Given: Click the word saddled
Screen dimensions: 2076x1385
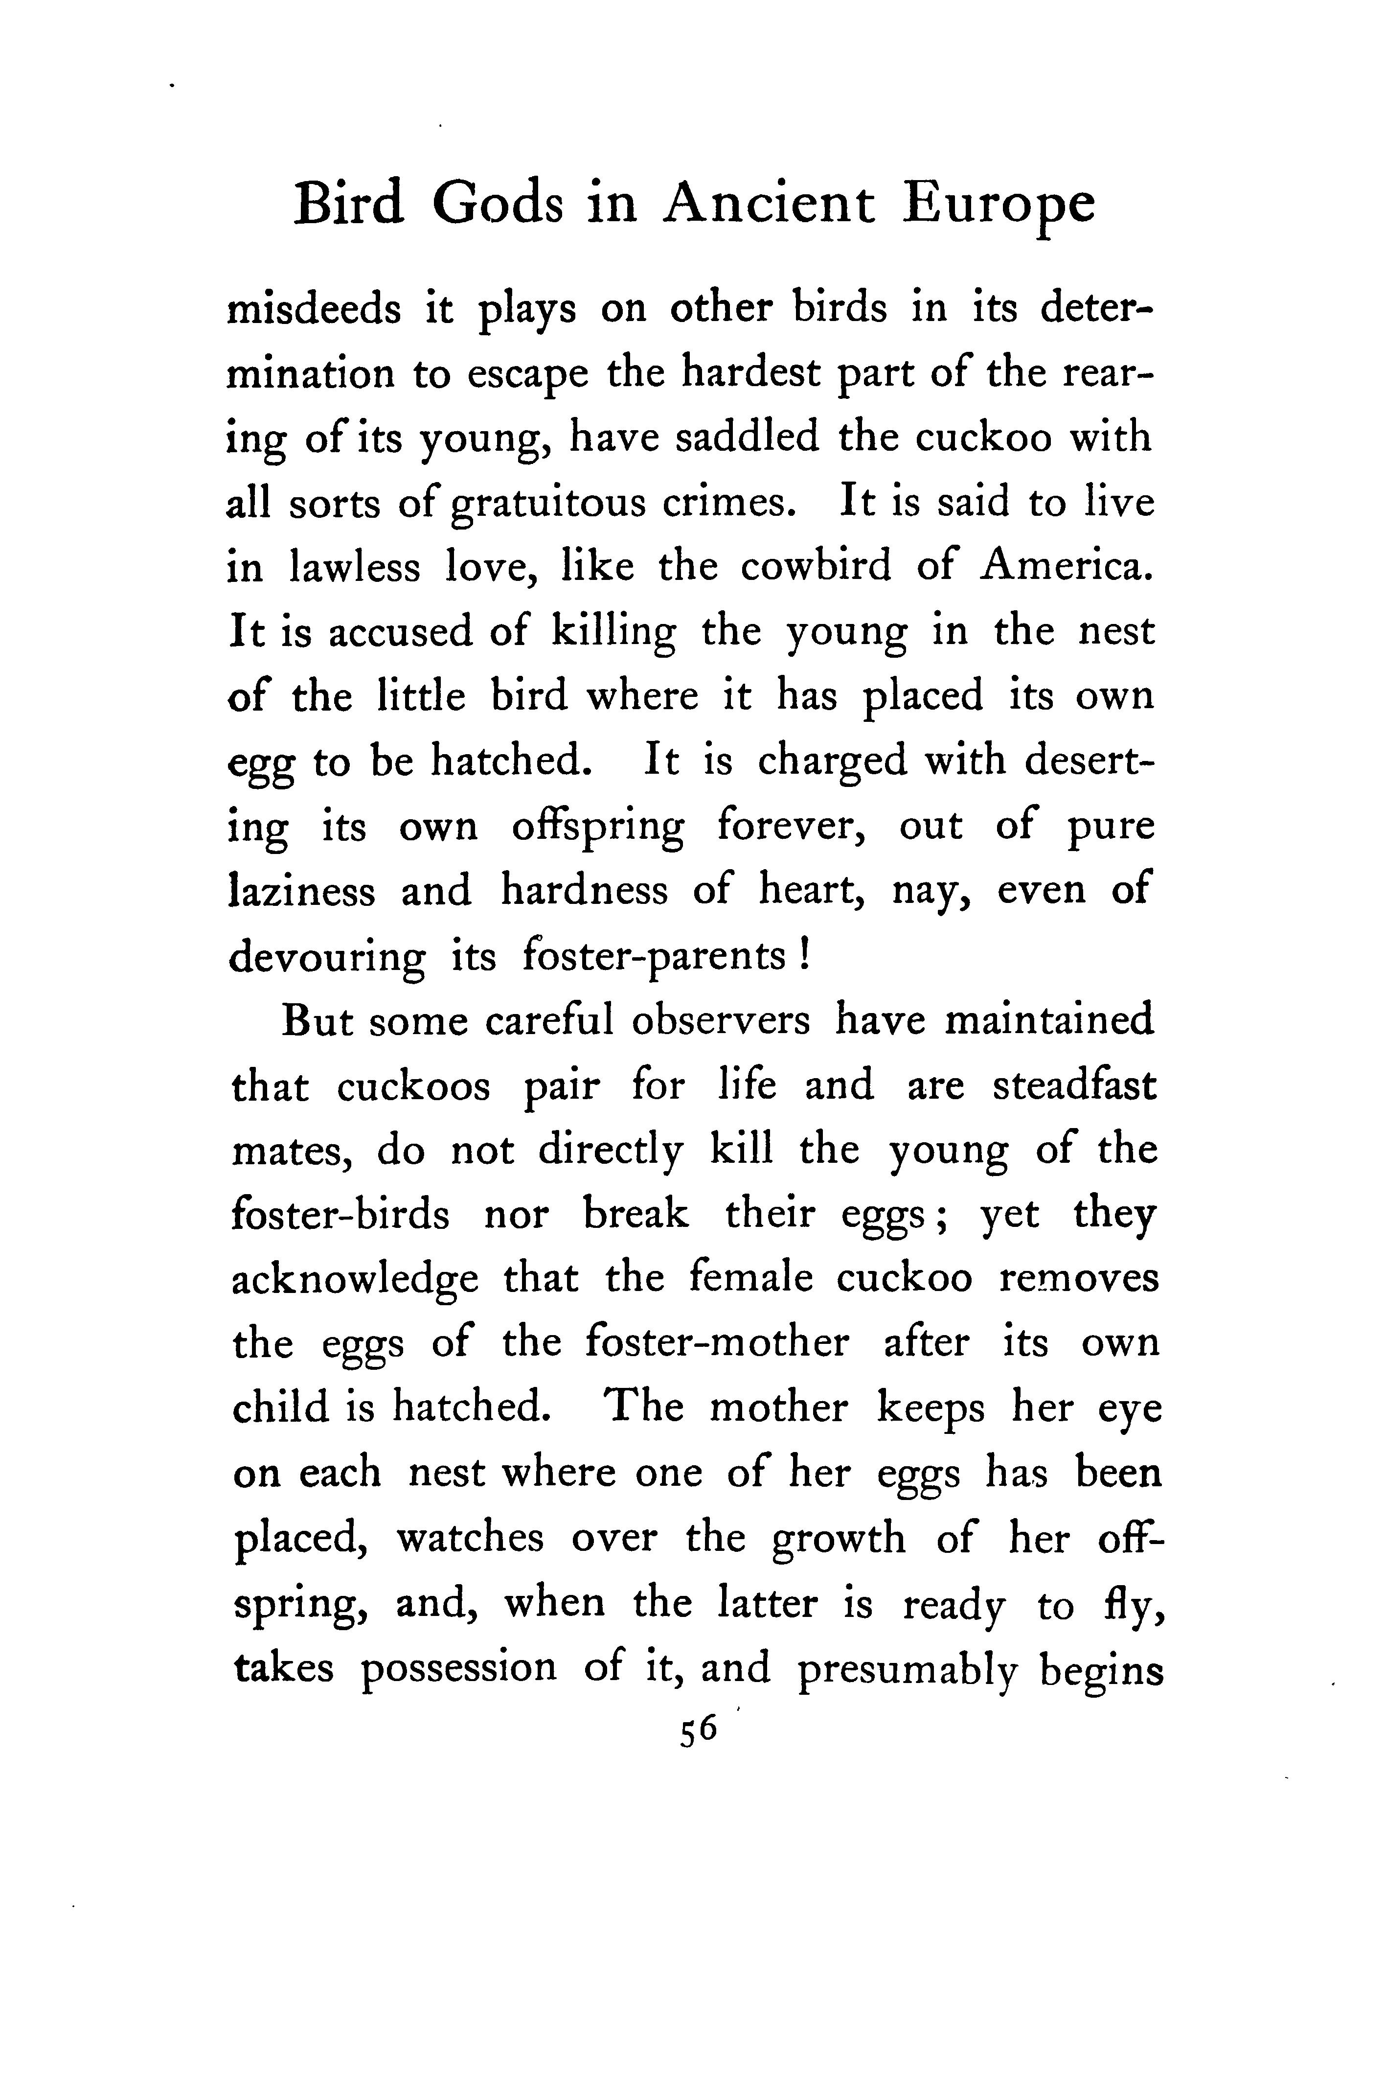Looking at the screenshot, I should coord(747,438).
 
